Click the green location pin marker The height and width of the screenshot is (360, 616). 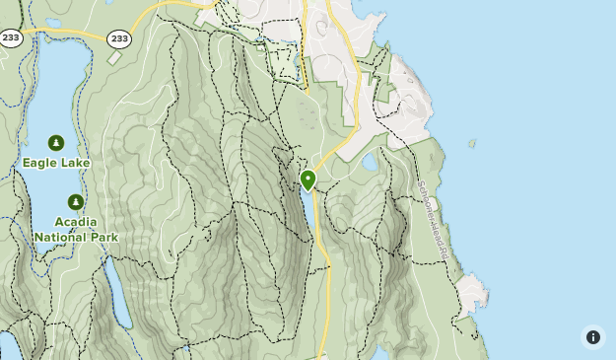308,180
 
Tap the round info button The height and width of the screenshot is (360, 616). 592,337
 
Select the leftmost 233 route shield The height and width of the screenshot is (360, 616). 11,38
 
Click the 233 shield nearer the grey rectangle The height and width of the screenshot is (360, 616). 118,38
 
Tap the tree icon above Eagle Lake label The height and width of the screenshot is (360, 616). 55,143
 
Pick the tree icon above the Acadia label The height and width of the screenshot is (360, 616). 75,202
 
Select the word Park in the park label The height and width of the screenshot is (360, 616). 103,237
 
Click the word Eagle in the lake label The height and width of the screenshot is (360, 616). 41,163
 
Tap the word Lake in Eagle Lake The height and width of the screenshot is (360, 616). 76,163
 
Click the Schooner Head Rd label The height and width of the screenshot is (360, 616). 433,220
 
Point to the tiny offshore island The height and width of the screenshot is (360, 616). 471,144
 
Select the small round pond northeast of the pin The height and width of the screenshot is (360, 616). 370,161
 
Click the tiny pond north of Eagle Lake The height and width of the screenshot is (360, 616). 51,23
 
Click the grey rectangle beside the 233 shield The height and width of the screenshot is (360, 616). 115,57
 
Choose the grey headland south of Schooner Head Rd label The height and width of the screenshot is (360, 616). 471,294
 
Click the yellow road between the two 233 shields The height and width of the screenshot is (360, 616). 64,33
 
